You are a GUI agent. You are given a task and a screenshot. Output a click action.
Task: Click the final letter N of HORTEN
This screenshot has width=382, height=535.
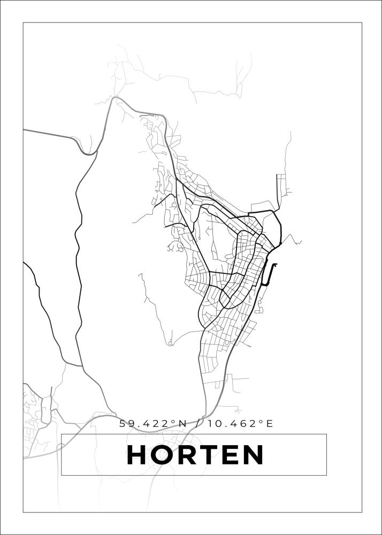click(x=255, y=455)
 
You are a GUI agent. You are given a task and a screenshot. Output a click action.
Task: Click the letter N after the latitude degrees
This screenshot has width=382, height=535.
click(x=182, y=424)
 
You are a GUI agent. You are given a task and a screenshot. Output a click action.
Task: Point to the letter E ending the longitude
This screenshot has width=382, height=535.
click(x=270, y=424)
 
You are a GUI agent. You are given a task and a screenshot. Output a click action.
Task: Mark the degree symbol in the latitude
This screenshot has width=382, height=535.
click(x=173, y=421)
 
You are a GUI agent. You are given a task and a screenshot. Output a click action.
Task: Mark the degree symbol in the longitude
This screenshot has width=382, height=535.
click(x=261, y=421)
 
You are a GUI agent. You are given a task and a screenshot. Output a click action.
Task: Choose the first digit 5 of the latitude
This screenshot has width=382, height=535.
click(x=123, y=424)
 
